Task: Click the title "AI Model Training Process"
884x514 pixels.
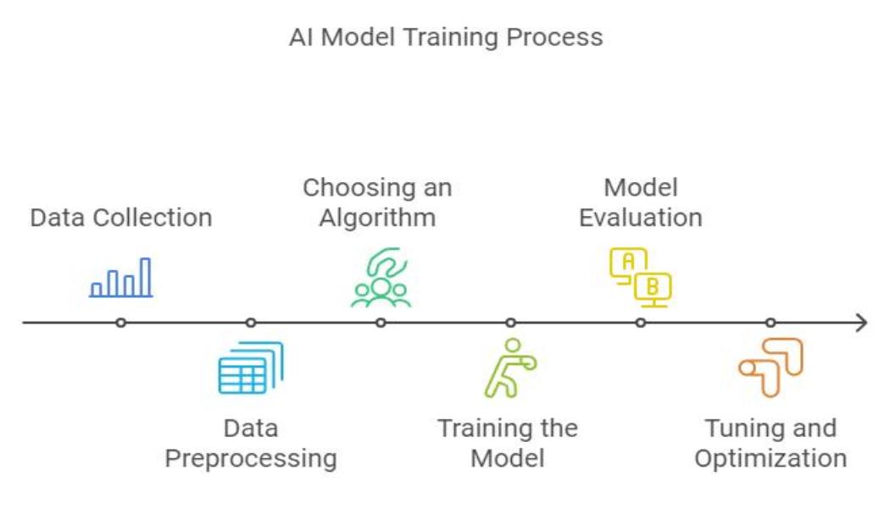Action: [446, 38]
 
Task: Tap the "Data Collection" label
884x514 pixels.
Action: [121, 218]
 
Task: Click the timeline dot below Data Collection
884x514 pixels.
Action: [121, 323]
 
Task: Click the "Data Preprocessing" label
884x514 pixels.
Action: [250, 443]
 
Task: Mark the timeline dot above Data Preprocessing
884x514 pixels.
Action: [251, 323]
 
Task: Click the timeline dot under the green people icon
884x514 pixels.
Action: [381, 323]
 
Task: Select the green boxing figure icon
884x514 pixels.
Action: [509, 368]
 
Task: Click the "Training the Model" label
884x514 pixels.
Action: [508, 443]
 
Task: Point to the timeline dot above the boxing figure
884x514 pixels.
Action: [510, 323]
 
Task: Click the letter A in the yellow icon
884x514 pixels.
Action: [628, 262]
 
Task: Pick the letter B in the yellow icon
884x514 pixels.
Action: [653, 287]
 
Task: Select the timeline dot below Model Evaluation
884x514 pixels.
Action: [641, 323]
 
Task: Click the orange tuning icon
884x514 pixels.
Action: [770, 368]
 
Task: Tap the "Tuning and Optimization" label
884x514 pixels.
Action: [770, 443]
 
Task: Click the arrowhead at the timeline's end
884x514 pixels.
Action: [863, 323]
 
